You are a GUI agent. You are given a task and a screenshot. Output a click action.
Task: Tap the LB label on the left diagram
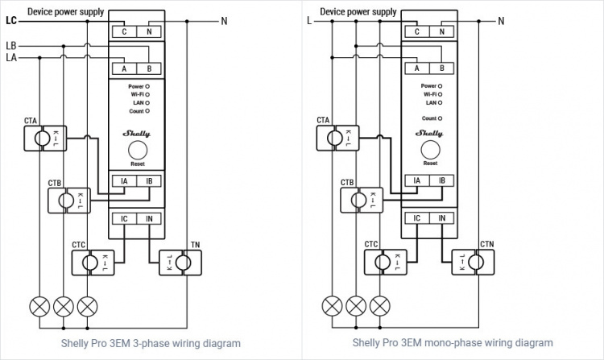pos(11,45)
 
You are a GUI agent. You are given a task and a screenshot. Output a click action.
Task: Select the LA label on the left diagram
pos(11,57)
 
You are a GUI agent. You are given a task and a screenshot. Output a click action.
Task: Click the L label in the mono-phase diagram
pos(308,22)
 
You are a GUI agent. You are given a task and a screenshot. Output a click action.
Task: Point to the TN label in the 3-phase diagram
pos(195,244)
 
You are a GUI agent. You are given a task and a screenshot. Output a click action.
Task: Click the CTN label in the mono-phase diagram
pos(487,244)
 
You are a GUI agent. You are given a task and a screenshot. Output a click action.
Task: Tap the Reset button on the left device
pos(137,149)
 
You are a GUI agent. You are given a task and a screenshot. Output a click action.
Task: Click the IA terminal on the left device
pos(124,181)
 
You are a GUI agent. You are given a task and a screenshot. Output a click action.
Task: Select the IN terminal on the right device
pos(441,218)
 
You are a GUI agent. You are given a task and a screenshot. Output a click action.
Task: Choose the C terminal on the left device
pos(124,31)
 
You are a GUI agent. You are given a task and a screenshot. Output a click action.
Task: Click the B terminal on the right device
pos(441,68)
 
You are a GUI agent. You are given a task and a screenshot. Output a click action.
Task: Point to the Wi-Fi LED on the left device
pos(147,94)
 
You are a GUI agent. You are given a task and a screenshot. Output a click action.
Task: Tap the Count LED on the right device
pos(440,118)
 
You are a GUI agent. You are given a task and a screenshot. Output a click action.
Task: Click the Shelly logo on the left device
pos(136,133)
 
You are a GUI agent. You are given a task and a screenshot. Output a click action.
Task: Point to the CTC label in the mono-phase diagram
pos(370,244)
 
